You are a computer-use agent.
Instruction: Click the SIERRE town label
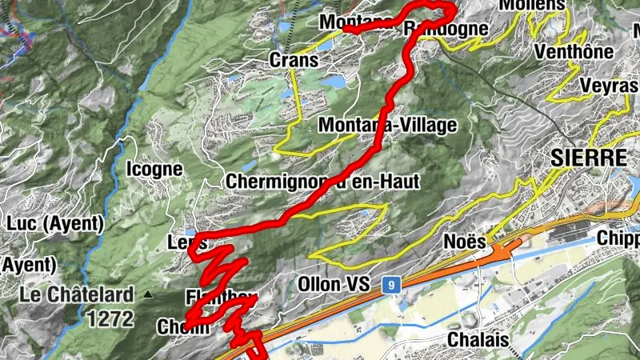click(x=588, y=158)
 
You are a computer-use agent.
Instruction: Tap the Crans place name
click(x=294, y=60)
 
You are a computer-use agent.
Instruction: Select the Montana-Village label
click(x=387, y=126)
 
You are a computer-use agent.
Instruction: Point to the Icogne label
click(x=154, y=170)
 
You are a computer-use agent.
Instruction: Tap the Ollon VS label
click(x=334, y=284)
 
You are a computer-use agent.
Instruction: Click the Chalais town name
click(x=478, y=339)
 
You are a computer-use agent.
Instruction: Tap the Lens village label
click(x=188, y=242)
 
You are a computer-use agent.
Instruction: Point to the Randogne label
click(x=446, y=29)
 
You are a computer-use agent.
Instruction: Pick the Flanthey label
click(x=210, y=297)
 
